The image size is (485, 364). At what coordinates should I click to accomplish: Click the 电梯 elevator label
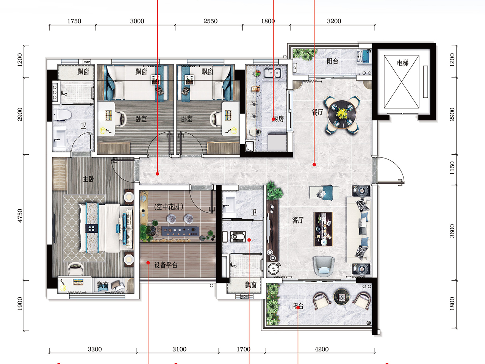402,63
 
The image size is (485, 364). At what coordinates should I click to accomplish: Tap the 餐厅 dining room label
317,112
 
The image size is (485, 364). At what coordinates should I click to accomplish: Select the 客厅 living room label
297,220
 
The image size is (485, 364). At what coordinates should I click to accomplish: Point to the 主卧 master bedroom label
88,179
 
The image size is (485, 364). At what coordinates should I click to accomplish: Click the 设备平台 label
166,265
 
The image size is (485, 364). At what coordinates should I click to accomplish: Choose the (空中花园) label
169,207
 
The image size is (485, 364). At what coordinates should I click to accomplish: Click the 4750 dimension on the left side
20,215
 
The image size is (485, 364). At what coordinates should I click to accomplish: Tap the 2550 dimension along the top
210,21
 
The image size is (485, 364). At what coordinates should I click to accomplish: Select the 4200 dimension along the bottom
321,349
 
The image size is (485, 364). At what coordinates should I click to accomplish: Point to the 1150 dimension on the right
452,168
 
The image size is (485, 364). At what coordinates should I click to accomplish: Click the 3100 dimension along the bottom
180,349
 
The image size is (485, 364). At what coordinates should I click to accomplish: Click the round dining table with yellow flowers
342,115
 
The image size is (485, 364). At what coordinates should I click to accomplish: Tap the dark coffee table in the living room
323,229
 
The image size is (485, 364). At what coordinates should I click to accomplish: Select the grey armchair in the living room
323,266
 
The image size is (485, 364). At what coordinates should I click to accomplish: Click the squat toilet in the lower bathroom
238,237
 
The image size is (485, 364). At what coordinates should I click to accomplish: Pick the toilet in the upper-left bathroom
63,115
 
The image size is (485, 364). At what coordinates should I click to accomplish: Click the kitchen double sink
272,73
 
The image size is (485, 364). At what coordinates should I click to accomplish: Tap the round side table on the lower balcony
341,297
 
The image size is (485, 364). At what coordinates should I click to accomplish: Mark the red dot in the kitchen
273,119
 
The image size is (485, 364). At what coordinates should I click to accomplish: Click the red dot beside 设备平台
148,263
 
